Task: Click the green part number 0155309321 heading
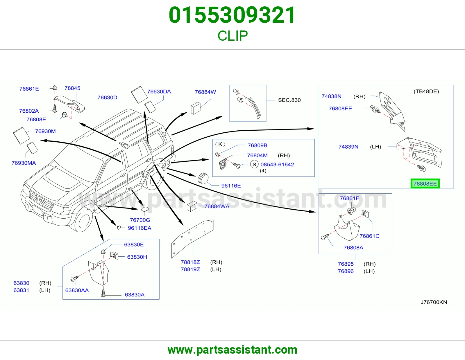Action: [x=232, y=15]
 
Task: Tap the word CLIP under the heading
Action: [x=233, y=36]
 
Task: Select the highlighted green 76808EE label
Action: [x=425, y=184]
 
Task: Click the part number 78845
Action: [x=72, y=88]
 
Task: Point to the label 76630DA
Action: [x=159, y=91]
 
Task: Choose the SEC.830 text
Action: [x=289, y=100]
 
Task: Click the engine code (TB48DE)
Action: [x=426, y=91]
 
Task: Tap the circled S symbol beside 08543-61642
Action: [x=254, y=164]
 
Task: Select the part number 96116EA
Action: [x=139, y=228]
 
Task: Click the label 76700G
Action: [x=140, y=220]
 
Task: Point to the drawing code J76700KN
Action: [x=434, y=302]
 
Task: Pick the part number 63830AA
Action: [x=77, y=290]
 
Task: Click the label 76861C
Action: [x=369, y=236]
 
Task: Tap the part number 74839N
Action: [x=348, y=147]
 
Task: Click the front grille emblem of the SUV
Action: [x=41, y=201]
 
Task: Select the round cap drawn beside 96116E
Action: [x=203, y=178]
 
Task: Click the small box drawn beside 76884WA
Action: [x=192, y=206]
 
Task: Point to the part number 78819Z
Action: [x=190, y=269]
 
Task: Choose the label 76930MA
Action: [x=24, y=163]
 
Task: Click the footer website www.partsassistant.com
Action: [x=233, y=350]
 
